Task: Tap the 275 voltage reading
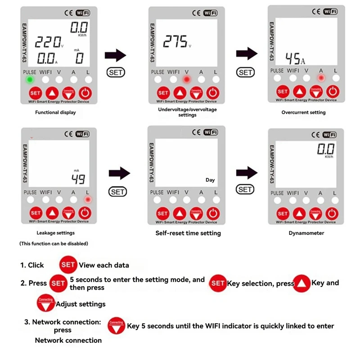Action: click(x=175, y=42)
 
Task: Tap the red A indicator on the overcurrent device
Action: click(x=321, y=78)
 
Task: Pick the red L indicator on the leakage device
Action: click(x=88, y=199)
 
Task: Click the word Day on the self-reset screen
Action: click(x=210, y=180)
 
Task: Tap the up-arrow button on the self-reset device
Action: click(x=179, y=213)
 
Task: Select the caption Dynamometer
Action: click(x=306, y=233)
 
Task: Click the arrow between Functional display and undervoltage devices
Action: click(x=115, y=56)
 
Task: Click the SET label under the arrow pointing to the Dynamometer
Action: click(x=245, y=189)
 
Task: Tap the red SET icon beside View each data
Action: click(x=67, y=265)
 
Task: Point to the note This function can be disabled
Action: click(x=54, y=243)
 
